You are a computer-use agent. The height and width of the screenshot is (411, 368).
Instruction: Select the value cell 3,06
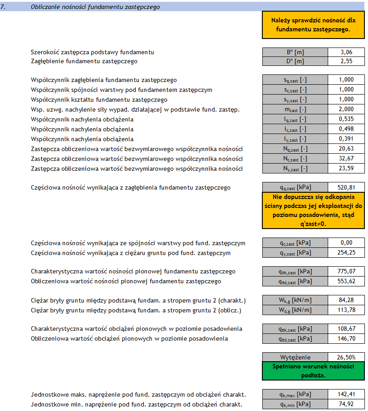coord(346,52)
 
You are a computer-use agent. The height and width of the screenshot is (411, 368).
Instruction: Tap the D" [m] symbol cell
coord(295,61)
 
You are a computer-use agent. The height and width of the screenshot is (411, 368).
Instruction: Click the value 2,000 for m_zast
coord(346,109)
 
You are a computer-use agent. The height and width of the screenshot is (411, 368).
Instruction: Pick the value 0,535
coord(346,119)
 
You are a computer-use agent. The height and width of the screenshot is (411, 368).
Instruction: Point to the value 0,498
coord(346,129)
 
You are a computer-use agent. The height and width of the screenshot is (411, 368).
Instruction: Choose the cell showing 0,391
coord(346,139)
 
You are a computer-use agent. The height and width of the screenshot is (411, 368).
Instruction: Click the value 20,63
coord(346,149)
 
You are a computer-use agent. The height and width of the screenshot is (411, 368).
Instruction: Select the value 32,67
coord(346,159)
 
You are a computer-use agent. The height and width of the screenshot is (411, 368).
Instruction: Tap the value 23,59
coord(346,169)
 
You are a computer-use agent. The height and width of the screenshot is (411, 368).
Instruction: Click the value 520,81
coord(346,187)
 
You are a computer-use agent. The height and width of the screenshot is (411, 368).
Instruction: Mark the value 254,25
coord(346,253)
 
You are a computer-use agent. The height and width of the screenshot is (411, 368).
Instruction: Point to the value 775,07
coord(346,271)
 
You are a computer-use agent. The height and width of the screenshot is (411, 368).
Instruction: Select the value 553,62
coord(346,281)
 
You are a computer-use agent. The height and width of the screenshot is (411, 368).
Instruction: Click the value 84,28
coord(346,300)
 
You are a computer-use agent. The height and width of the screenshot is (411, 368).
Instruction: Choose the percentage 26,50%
coord(346,357)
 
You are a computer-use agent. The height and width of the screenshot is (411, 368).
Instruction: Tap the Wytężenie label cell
coord(295,357)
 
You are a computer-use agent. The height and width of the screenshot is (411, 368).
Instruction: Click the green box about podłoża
coord(313,371)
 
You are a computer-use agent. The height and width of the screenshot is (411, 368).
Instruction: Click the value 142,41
coord(346,394)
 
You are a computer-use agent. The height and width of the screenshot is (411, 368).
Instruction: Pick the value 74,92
coord(346,404)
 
